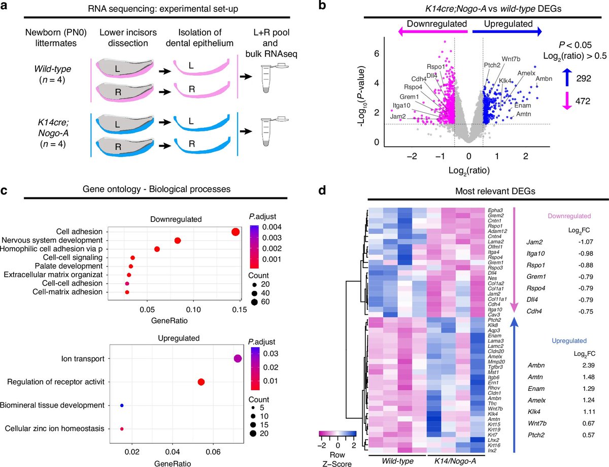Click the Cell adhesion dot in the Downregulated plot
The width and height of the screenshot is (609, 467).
point(235,232)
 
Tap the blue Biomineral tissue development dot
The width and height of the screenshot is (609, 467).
point(122,406)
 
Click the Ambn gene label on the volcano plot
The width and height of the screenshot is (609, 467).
point(544,79)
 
